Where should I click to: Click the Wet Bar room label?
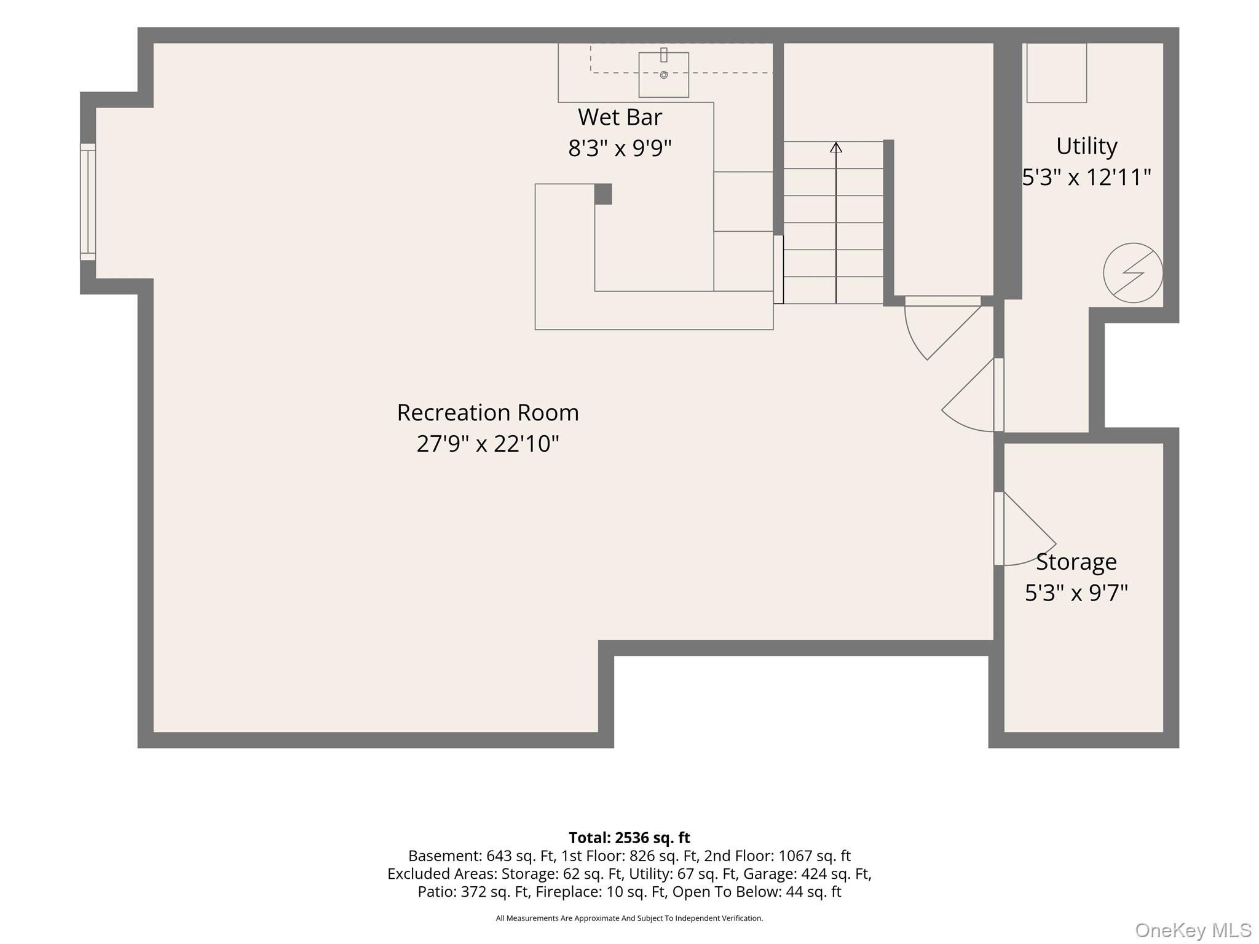[x=620, y=117]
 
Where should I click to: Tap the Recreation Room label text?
[x=488, y=412]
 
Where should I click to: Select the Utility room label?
[x=1086, y=146]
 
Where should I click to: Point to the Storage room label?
[x=1076, y=562]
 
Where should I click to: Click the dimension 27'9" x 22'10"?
[x=488, y=443]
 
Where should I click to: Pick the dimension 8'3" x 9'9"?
[x=620, y=148]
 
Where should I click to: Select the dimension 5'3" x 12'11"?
[x=1086, y=177]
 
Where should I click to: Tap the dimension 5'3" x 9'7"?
[x=1076, y=593]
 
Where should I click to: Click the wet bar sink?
[x=663, y=74]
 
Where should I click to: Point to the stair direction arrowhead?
[x=836, y=147]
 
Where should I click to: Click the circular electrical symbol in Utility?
[x=1133, y=273]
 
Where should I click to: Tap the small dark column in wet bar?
[x=603, y=194]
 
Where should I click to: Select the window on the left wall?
[x=88, y=202]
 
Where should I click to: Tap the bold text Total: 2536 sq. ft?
[x=629, y=838]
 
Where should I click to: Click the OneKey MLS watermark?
[x=1193, y=930]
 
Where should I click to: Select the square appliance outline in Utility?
[x=1057, y=73]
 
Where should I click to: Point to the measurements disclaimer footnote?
[x=629, y=918]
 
